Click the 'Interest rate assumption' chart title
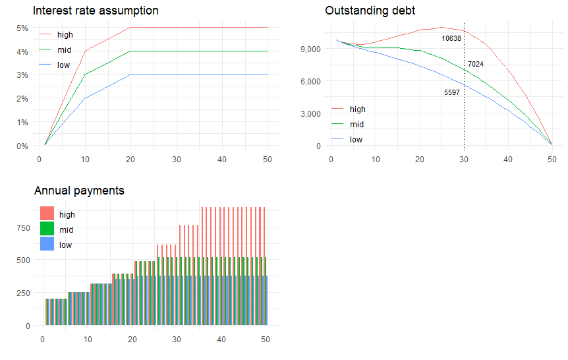[96, 11]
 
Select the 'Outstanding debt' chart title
[370, 11]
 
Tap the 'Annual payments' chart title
[79, 191]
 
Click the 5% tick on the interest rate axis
[22, 28]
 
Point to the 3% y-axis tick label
[22, 75]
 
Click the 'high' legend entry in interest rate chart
[65, 34]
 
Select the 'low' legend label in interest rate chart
[64, 65]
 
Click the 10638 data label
[451, 39]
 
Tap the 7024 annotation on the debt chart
[475, 64]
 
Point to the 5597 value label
[451, 93]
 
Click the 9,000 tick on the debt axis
[309, 49]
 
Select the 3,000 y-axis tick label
[309, 113]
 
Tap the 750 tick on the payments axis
[24, 227]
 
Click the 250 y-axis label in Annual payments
[24, 293]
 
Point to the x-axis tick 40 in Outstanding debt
[508, 160]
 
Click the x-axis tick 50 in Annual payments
[266, 340]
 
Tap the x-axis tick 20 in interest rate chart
[131, 160]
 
